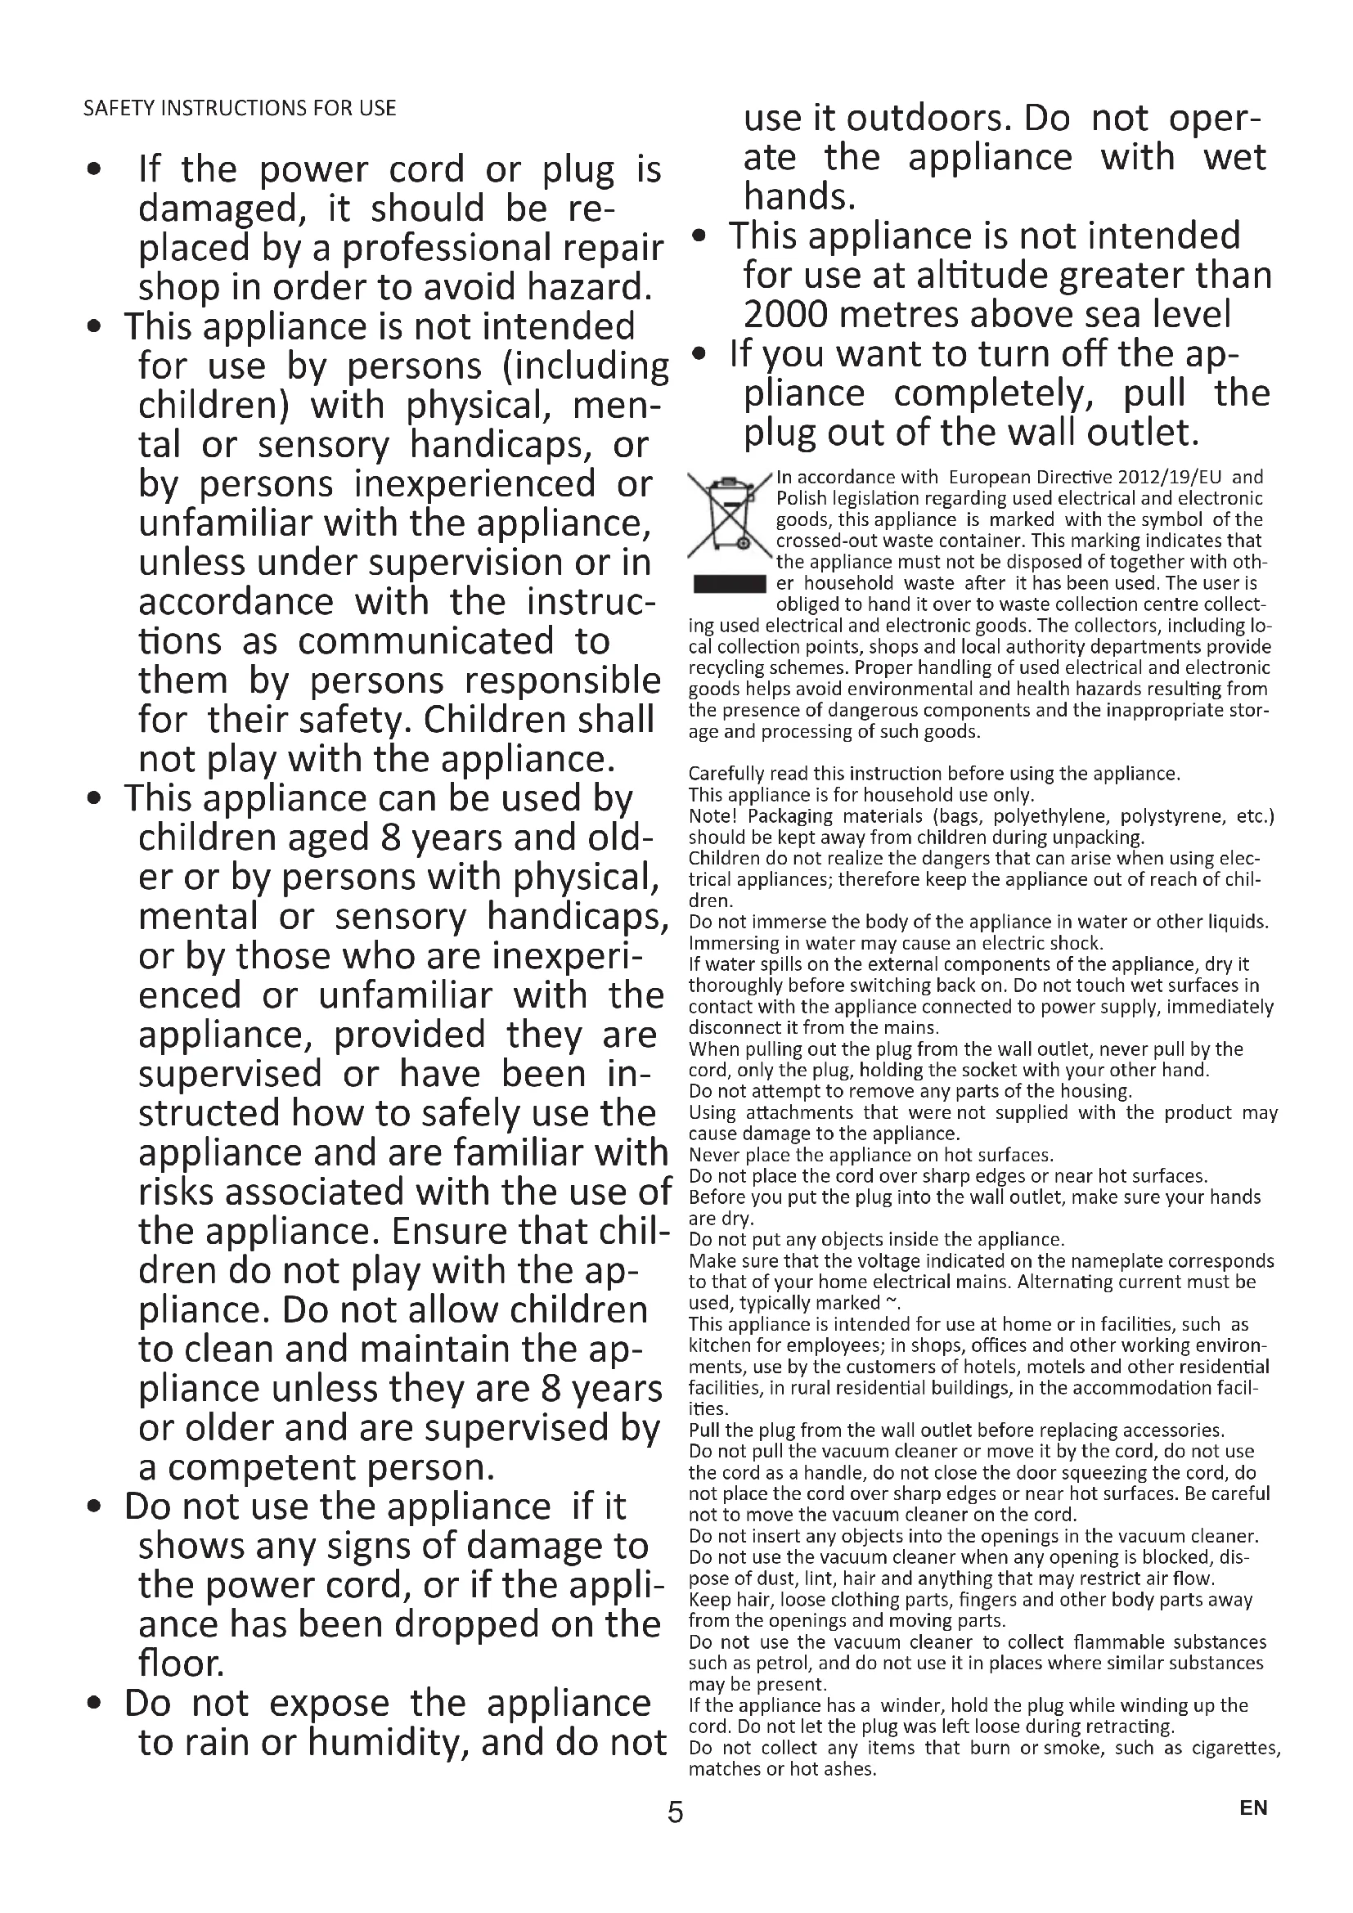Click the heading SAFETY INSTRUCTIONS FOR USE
click(x=239, y=108)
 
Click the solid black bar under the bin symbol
click(x=730, y=583)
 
